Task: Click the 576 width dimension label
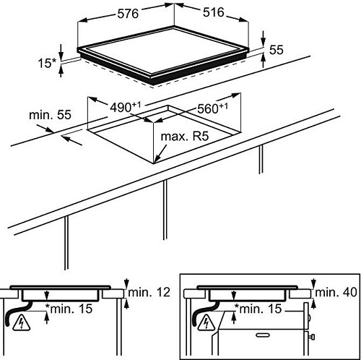[128, 14]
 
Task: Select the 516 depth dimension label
[214, 12]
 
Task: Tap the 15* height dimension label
[47, 63]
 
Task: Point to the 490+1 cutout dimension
[125, 107]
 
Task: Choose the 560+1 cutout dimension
[212, 108]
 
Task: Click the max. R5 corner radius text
[185, 137]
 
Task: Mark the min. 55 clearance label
[50, 115]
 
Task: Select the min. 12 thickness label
[149, 292]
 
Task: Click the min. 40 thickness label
[336, 292]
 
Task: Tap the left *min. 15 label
[69, 309]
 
